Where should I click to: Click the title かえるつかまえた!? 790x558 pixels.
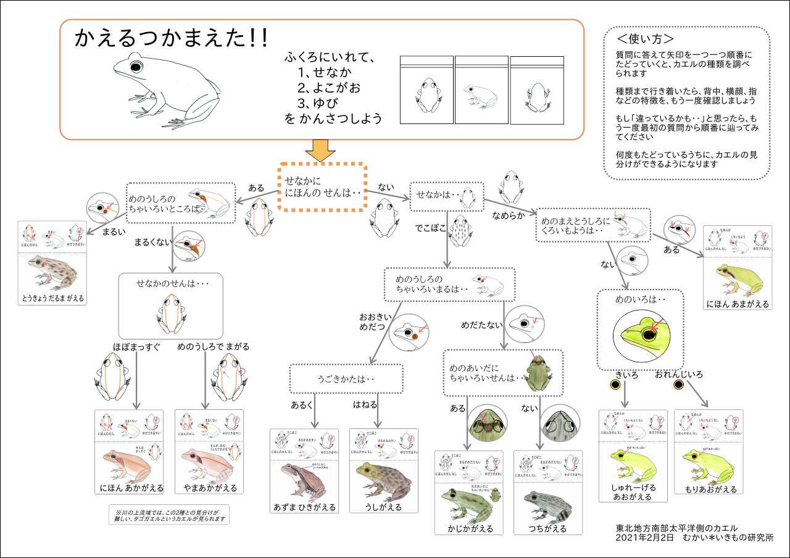(x=171, y=39)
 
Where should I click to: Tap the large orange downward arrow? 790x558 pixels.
(x=320, y=151)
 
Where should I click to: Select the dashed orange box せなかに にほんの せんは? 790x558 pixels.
(x=322, y=186)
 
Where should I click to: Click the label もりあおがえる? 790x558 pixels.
(x=708, y=488)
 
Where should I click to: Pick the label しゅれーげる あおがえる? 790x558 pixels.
(x=633, y=491)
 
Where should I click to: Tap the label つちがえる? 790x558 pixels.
(x=547, y=528)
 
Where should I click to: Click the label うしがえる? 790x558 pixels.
(x=383, y=507)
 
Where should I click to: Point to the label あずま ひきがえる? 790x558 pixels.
(x=304, y=507)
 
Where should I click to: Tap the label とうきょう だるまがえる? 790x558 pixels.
(x=51, y=298)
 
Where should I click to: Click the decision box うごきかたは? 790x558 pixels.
(x=346, y=378)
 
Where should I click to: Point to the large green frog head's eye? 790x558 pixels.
(x=649, y=335)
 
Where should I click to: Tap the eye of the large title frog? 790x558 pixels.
(x=135, y=65)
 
